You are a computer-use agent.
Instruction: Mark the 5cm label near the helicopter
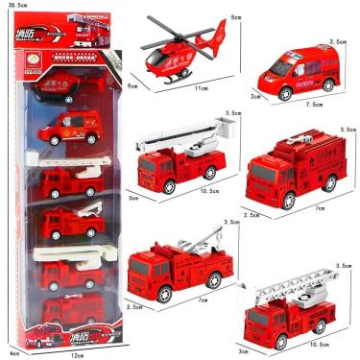coord(234,15)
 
